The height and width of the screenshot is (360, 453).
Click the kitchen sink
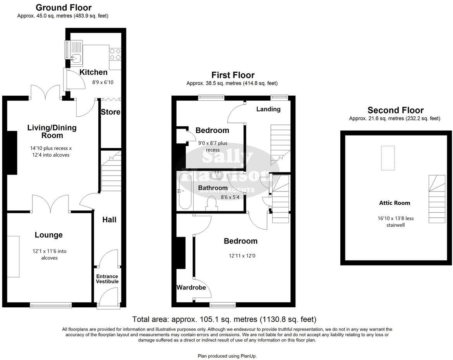[x=75, y=59]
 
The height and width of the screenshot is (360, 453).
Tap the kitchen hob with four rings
[x=115, y=54]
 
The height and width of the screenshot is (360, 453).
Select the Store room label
[x=110, y=112]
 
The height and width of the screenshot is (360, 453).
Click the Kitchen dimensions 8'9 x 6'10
[x=103, y=82]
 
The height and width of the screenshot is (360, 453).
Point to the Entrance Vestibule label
[x=107, y=279]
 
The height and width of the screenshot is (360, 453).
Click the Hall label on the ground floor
[x=109, y=220]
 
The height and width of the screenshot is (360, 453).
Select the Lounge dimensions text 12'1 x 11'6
[x=49, y=254]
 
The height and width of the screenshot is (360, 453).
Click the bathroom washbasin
[x=216, y=176]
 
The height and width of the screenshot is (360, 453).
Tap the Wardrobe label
[x=191, y=288]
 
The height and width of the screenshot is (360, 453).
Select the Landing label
[x=268, y=109]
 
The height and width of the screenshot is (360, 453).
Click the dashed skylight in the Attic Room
[x=388, y=158]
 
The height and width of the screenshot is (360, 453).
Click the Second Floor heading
[x=395, y=110]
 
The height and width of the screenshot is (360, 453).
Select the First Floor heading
[x=233, y=75]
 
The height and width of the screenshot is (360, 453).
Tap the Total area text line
[x=224, y=320]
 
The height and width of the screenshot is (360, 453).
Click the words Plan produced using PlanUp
[x=227, y=356]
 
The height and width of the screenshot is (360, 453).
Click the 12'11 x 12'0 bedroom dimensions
[x=243, y=256]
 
